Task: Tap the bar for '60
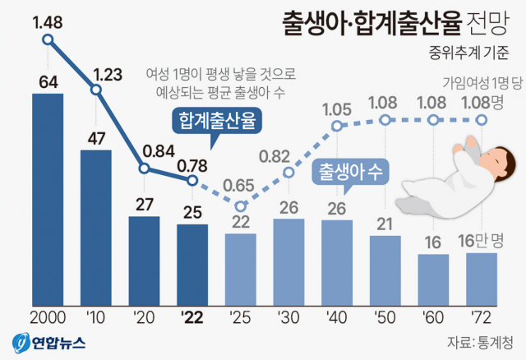(x=433, y=279)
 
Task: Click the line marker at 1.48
(x=48, y=39)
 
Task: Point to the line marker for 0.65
(x=241, y=206)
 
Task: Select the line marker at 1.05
(x=337, y=127)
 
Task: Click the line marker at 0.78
(x=192, y=180)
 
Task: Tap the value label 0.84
(x=144, y=151)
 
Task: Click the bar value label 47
(x=96, y=136)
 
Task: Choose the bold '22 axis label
(x=192, y=317)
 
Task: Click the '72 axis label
(x=482, y=317)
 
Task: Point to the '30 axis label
(x=288, y=317)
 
